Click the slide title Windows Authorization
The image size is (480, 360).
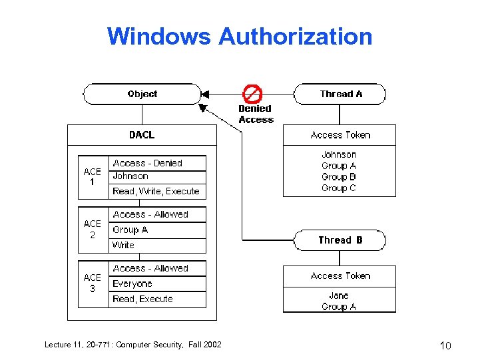click(x=240, y=36)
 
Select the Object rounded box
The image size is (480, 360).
click(x=142, y=94)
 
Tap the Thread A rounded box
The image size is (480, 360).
click(x=340, y=94)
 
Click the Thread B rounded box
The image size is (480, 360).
click(x=340, y=240)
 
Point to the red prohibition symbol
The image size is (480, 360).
click(x=252, y=93)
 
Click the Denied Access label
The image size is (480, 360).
click(x=256, y=114)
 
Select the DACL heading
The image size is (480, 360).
click(x=142, y=135)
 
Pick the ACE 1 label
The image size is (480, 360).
click(x=93, y=177)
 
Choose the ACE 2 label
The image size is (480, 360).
click(x=93, y=230)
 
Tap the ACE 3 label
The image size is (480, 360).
click(x=93, y=283)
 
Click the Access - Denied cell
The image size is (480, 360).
click(x=147, y=163)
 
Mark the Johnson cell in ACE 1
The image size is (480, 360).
click(x=130, y=176)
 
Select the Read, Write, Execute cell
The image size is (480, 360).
click(x=156, y=192)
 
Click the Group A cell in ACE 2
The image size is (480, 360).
click(x=130, y=230)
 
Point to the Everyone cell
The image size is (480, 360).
click(x=132, y=284)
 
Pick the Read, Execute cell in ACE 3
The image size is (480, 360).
click(x=142, y=299)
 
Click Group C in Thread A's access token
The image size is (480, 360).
click(x=339, y=188)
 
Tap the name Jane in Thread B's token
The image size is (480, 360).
click(x=339, y=295)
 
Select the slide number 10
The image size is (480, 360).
click(x=446, y=345)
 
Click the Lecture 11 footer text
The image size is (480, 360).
click(x=132, y=344)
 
